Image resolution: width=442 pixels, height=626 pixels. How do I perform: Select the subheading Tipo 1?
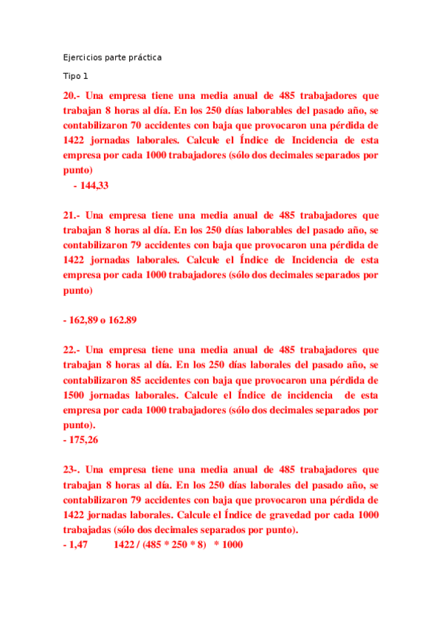pos(75,76)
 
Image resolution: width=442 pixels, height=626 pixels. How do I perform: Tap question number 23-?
pos(72,469)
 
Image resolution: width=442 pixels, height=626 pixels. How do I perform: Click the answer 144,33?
pos(94,186)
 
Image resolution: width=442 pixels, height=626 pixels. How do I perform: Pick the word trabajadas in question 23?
pos(87,530)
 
